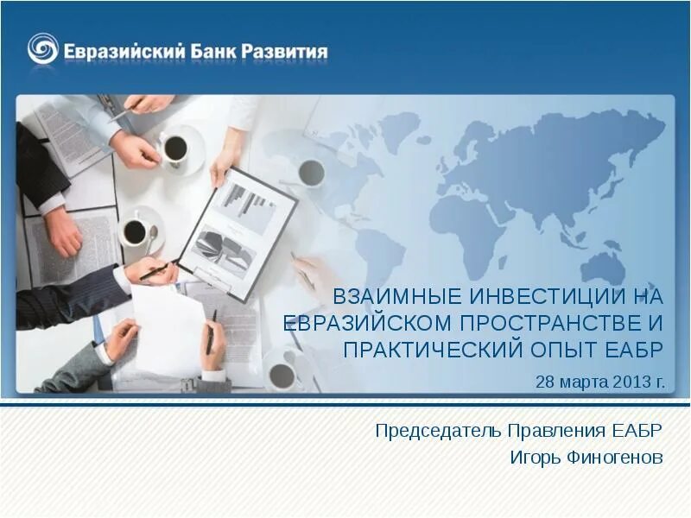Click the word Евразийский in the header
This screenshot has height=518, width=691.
pos(124,51)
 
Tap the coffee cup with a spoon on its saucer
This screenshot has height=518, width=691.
pos(136,231)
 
